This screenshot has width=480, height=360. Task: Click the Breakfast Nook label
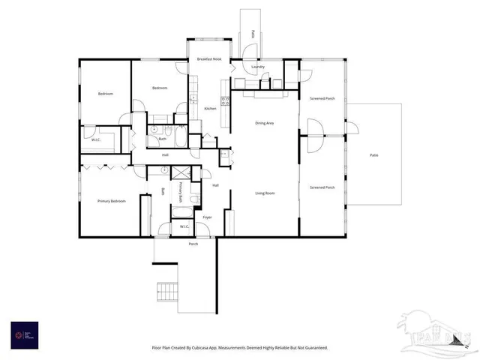[208, 58]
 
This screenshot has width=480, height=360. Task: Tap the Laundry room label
[257, 67]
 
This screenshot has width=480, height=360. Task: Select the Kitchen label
[211, 109]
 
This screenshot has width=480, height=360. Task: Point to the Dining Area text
[264, 123]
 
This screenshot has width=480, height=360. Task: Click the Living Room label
[264, 193]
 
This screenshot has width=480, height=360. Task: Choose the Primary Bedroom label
[110, 201]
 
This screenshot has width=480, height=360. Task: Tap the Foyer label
[207, 217]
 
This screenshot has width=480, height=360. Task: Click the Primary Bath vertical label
[181, 192]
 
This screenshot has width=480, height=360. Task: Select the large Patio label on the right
[373, 155]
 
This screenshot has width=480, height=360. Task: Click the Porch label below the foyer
[193, 244]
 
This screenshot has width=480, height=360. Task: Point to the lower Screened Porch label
[322, 187]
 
